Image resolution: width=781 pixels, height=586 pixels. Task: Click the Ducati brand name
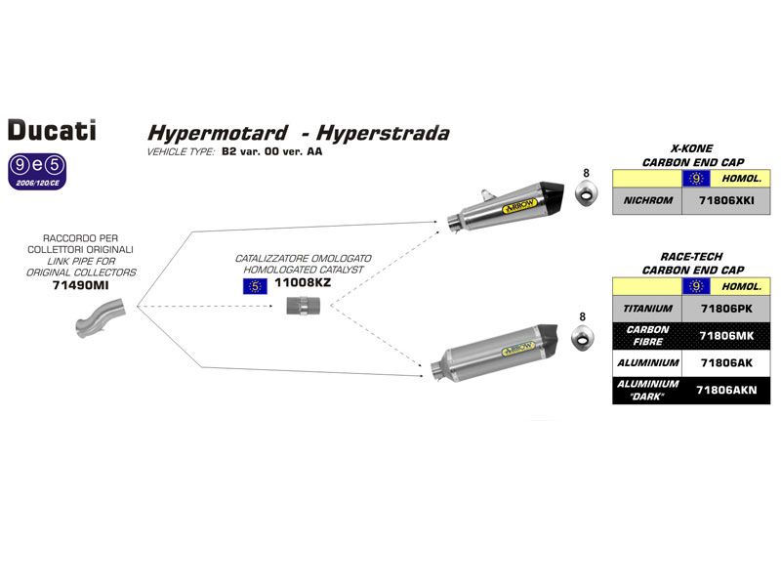click(x=52, y=129)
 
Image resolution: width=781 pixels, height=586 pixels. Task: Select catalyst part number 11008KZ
click(x=304, y=284)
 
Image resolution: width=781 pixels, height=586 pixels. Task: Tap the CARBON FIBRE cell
click(x=647, y=335)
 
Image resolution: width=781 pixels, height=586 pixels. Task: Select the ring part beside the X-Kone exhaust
click(x=586, y=198)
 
